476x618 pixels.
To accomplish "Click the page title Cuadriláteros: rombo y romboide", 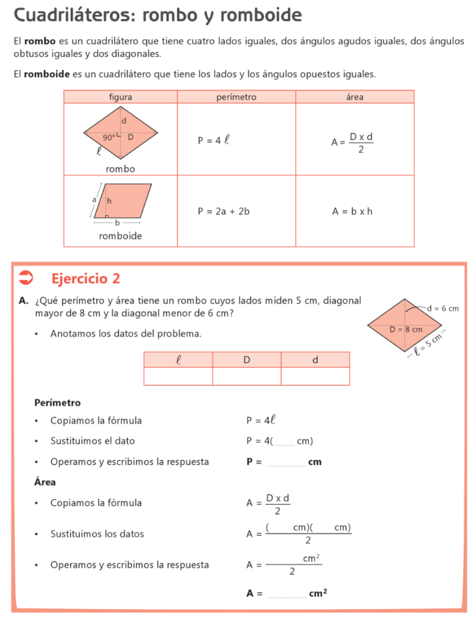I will point(157,15).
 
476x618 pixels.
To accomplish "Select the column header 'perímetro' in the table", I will point(236,97).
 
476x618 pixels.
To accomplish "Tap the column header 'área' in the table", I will point(355,97).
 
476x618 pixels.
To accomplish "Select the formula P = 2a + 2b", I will point(224,211).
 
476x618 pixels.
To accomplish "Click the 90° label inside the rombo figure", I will point(109,137).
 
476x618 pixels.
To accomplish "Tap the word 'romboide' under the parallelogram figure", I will point(120,236).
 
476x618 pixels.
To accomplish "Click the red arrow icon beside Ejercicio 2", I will point(27,278).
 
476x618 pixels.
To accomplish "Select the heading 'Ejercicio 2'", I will point(86,278).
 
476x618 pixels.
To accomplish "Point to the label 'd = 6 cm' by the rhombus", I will point(442,308).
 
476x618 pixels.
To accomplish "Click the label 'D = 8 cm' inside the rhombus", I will point(405,330).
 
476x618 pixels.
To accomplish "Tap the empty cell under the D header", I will point(246,376).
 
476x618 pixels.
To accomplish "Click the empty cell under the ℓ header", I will point(178,376).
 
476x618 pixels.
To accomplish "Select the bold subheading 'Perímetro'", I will point(57,403).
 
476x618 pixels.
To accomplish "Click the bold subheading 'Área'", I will point(45,482).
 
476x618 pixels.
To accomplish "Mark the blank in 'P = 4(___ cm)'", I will point(284,442).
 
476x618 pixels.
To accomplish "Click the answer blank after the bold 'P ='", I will point(285,462).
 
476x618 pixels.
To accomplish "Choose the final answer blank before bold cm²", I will point(285,594).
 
